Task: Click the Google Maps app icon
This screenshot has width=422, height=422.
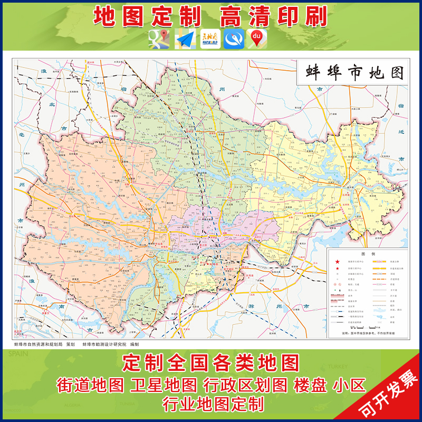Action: click(x=159, y=39)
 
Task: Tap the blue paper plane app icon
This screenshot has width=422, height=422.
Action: click(x=185, y=39)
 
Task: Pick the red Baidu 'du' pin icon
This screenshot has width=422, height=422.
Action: click(x=257, y=39)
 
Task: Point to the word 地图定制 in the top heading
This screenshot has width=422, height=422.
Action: click(x=148, y=16)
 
